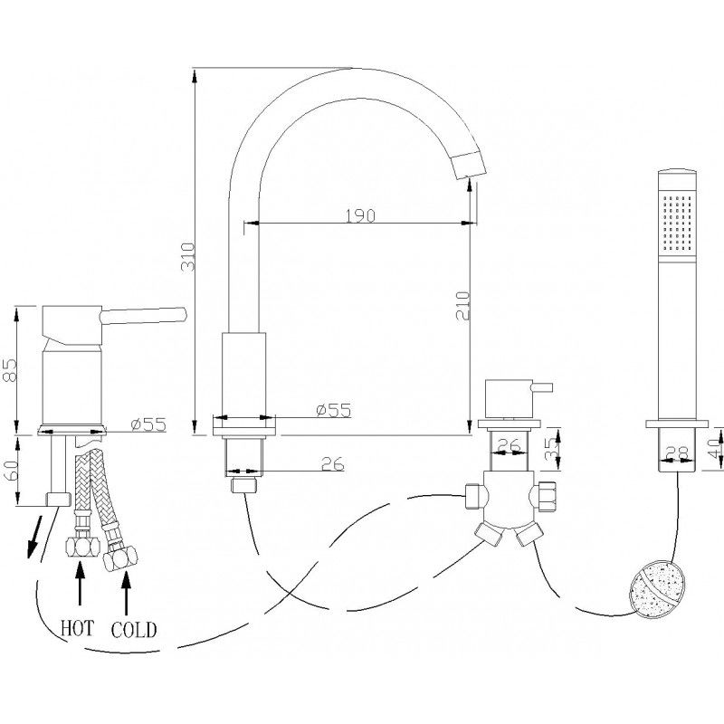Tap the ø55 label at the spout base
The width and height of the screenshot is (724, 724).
[x=332, y=410]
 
